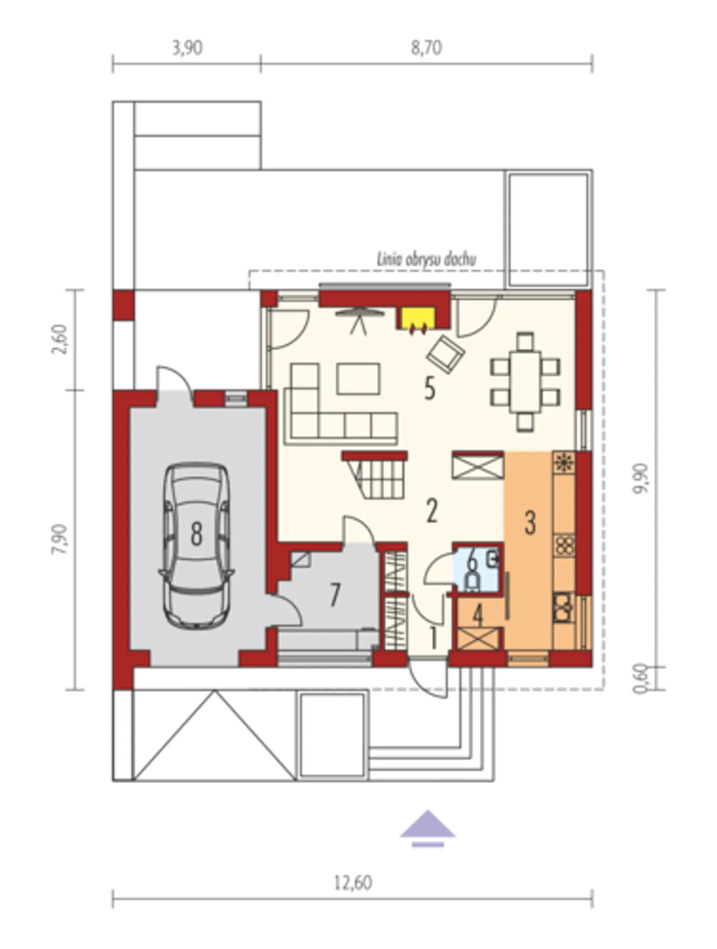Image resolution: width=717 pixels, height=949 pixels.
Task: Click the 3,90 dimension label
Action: (187, 48)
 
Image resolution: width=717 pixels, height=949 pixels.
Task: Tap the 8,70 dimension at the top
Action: (426, 48)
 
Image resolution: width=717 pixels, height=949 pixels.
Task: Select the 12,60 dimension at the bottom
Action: (353, 883)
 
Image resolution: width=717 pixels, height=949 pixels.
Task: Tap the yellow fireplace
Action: (415, 318)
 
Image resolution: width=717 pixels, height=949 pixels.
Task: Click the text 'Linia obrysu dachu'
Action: (426, 260)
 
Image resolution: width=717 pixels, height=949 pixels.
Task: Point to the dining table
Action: (525, 382)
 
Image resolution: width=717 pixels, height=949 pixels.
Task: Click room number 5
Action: (430, 388)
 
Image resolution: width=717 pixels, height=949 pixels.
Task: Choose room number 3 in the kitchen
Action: (530, 522)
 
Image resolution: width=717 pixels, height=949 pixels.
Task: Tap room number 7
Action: (335, 595)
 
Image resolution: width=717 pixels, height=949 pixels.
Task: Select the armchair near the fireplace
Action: (445, 354)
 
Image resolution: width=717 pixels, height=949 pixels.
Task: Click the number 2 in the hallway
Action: (431, 511)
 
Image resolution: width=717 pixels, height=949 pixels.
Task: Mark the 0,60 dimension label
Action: (640, 678)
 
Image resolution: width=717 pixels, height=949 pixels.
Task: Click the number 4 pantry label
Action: (478, 615)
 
